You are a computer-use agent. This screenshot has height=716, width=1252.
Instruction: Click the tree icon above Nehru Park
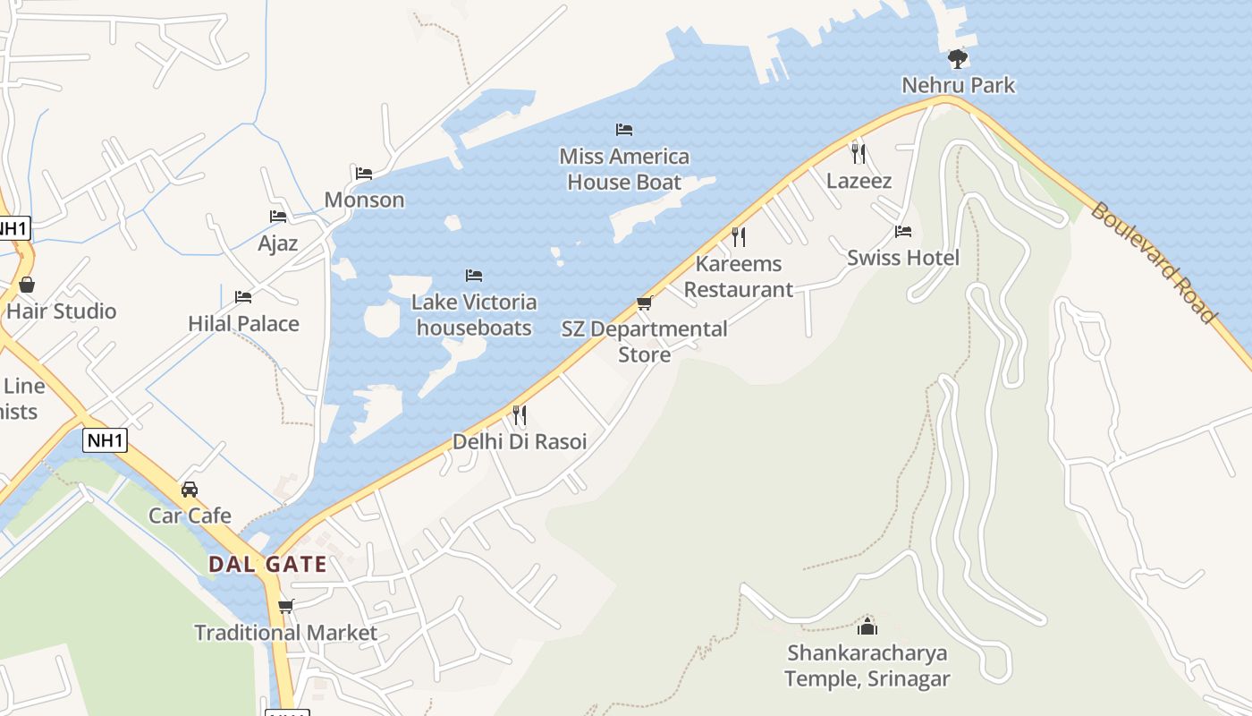tap(958, 59)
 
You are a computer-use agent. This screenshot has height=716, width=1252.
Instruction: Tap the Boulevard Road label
tap(1154, 264)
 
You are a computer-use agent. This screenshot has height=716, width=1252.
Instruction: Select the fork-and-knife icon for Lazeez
tap(859, 153)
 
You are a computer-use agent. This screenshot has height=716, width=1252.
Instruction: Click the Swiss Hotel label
tap(902, 258)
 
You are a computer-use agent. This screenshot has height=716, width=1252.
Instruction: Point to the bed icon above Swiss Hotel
tap(903, 232)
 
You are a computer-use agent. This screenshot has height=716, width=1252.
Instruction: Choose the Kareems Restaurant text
tap(739, 277)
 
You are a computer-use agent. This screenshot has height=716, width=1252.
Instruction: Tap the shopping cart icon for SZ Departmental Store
tap(644, 303)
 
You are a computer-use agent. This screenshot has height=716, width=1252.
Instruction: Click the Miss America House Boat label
tap(624, 169)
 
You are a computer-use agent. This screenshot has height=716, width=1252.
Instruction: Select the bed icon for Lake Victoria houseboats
tap(474, 276)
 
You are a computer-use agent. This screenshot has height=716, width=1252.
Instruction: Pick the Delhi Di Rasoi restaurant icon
tap(519, 415)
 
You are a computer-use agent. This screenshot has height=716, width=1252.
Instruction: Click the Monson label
tap(364, 200)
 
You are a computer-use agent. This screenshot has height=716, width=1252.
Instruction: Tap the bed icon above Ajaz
tap(278, 217)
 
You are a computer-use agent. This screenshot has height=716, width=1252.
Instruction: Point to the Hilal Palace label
tap(243, 323)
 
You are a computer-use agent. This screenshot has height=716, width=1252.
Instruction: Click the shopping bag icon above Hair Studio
tap(27, 285)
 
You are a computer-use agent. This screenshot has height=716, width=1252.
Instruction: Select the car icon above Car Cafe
tap(190, 490)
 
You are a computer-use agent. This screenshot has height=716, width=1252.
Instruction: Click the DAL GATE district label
tap(267, 565)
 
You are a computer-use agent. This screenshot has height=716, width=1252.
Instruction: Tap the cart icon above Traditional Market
tap(286, 607)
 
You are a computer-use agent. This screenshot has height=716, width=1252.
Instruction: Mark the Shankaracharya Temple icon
tap(867, 626)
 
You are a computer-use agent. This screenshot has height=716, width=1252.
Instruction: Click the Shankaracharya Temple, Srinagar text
tap(867, 666)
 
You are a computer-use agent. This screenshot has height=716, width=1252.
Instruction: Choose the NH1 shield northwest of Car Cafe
tap(106, 440)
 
